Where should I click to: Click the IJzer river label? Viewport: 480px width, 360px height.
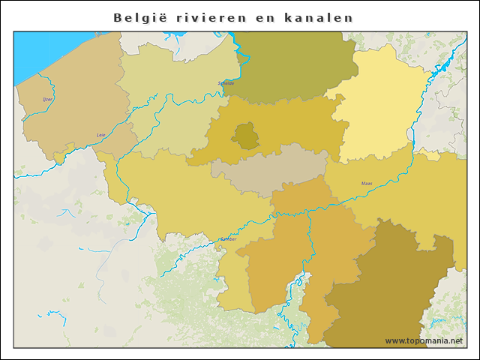pyautogui.click(x=48, y=99)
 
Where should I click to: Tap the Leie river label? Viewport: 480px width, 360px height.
pyautogui.click(x=101, y=135)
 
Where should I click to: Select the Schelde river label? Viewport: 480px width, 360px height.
pyautogui.click(x=226, y=83)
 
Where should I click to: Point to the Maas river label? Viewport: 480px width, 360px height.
pyautogui.click(x=367, y=183)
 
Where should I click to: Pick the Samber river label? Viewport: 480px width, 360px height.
pyautogui.click(x=227, y=239)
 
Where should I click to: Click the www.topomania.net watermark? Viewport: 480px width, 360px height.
pyautogui.click(x=424, y=340)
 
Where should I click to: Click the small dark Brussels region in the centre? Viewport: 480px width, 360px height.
pyautogui.click(x=244, y=136)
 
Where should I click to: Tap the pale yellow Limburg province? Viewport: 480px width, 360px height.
pyautogui.click(x=375, y=105)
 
